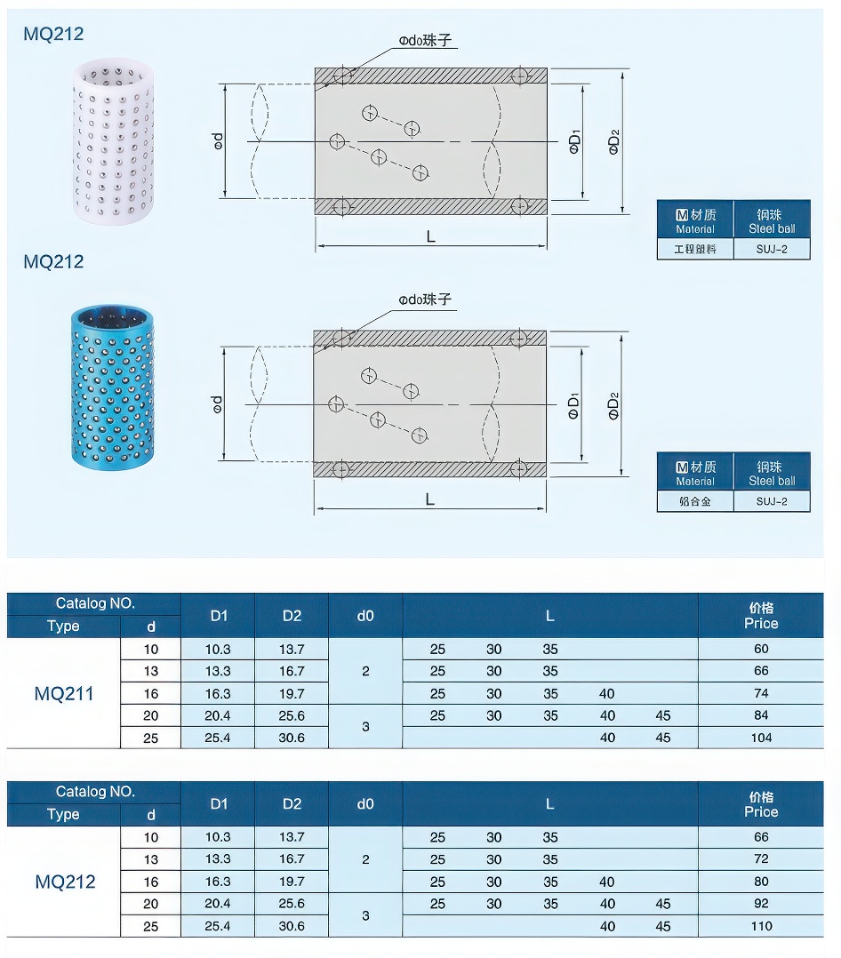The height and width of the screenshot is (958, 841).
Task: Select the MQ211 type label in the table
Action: click(64, 693)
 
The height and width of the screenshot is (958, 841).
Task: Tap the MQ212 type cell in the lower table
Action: click(64, 882)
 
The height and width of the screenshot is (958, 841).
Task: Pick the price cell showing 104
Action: click(761, 738)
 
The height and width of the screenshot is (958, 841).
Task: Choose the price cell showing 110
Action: click(761, 926)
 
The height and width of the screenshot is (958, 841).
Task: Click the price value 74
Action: click(761, 693)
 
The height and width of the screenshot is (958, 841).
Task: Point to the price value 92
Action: click(761, 904)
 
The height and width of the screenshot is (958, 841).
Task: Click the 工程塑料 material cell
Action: click(694, 249)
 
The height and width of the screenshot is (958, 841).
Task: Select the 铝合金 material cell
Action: click(694, 501)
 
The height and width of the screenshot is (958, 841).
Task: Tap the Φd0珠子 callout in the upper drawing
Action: click(426, 41)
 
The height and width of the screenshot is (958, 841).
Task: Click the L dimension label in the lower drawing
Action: click(430, 499)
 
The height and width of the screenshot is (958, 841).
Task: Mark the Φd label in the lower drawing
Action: click(219, 404)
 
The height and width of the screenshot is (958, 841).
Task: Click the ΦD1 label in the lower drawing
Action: click(574, 405)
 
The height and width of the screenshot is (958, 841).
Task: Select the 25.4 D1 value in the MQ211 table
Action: click(218, 738)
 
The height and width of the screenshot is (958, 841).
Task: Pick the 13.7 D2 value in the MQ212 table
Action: click(292, 837)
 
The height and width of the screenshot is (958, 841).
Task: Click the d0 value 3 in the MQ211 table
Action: click(365, 727)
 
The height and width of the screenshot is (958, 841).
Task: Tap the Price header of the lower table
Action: click(761, 804)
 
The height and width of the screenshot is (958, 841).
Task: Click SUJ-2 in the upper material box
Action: click(772, 249)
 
